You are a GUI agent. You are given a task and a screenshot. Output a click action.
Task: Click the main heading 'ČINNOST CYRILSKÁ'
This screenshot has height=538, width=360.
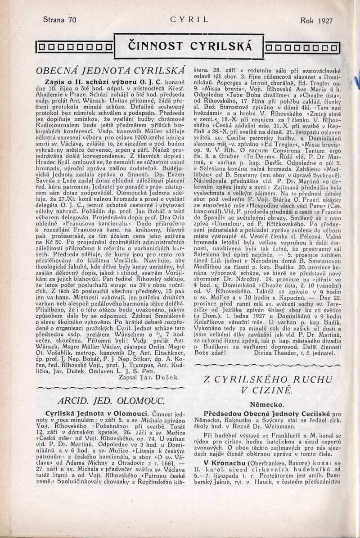pos(190,46)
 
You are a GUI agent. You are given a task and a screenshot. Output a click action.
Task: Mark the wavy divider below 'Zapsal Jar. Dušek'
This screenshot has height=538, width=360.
pos(110,388)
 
